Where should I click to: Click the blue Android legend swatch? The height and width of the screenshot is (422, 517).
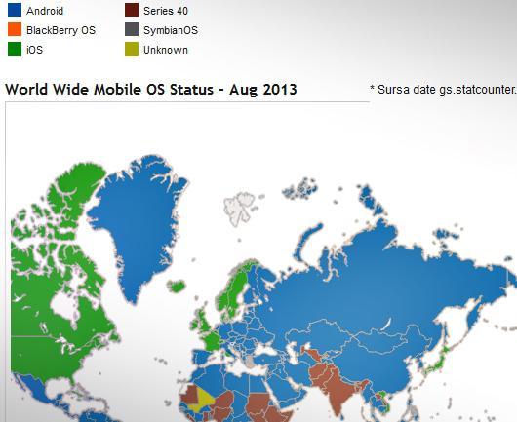tap(14, 12)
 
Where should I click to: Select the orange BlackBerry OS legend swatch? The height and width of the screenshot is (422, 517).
tap(14, 30)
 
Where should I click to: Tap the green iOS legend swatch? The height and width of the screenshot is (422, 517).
tap(14, 49)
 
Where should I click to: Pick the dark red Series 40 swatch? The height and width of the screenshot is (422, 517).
tap(130, 12)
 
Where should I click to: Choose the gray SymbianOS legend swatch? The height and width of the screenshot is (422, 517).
tap(130, 30)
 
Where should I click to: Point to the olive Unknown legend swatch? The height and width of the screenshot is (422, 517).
tap(130, 49)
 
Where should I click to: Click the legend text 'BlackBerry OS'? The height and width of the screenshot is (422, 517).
tap(60, 30)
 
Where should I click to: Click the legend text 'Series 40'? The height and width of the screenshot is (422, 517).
tap(166, 12)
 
